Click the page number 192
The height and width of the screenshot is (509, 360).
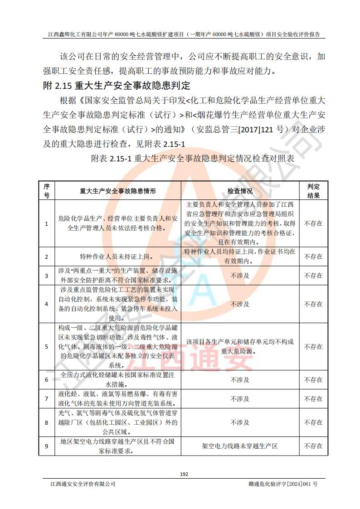point(184,474)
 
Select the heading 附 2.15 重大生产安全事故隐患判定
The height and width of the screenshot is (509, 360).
point(117,85)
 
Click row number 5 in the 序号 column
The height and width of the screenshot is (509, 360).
point(47,347)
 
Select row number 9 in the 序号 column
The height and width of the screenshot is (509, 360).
point(47,446)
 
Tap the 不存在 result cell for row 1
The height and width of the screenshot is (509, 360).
point(313,223)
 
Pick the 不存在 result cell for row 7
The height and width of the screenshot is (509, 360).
point(313,399)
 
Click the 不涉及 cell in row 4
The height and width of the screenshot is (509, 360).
point(240,304)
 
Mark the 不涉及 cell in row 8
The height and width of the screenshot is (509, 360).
point(240,422)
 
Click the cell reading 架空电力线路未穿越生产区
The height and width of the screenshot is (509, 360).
point(240,446)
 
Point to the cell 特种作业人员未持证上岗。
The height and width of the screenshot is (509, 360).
point(117,257)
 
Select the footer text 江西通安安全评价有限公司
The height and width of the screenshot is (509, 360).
point(83,484)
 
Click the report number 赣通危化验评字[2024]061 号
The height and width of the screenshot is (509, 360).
point(280,484)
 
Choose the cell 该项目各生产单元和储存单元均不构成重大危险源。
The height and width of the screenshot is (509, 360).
point(240,347)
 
